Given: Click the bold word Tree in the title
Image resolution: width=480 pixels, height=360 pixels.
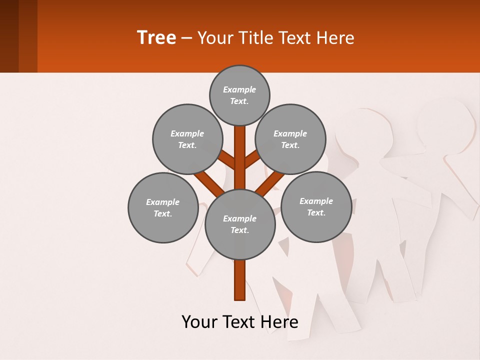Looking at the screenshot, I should click(156, 37).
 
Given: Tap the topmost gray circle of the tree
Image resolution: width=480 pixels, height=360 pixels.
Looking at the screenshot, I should click(239, 95).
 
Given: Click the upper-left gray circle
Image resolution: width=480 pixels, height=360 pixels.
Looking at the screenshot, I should click(187, 139).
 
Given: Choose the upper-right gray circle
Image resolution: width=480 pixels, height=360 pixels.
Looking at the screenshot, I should click(290, 139).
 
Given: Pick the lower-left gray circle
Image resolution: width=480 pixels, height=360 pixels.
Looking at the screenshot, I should click(162, 207).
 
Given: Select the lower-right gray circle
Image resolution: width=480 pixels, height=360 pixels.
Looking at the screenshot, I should click(316, 206).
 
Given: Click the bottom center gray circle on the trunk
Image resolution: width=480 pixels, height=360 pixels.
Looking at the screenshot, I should click(240, 224).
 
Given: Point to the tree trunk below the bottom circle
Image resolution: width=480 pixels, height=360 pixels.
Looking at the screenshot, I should click(240, 280).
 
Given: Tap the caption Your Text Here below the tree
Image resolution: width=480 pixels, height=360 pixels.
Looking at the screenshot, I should click(239, 322).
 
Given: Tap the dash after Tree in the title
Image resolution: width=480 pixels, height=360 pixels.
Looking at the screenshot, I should click(186, 38).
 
